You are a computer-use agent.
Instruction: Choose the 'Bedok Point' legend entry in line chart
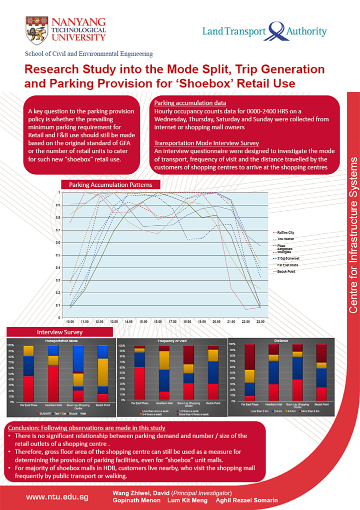286,271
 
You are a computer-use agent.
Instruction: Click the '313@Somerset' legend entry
287,258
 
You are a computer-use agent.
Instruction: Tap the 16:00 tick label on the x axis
158,323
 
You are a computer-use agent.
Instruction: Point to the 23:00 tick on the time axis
260,323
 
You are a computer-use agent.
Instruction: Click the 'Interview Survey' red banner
59,332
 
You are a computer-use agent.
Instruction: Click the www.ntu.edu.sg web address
57,497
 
